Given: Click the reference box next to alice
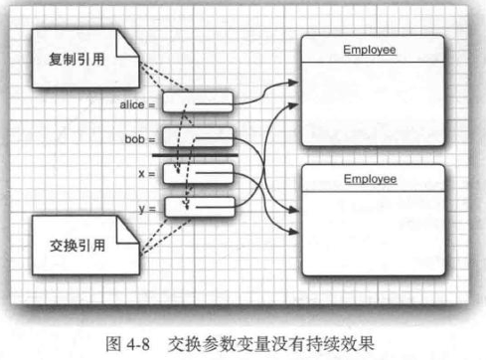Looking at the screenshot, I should (x=198, y=102).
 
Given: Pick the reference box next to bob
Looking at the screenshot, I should (x=198, y=136).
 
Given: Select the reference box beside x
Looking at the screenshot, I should (x=198, y=173).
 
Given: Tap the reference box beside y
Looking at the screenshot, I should (x=198, y=207).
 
